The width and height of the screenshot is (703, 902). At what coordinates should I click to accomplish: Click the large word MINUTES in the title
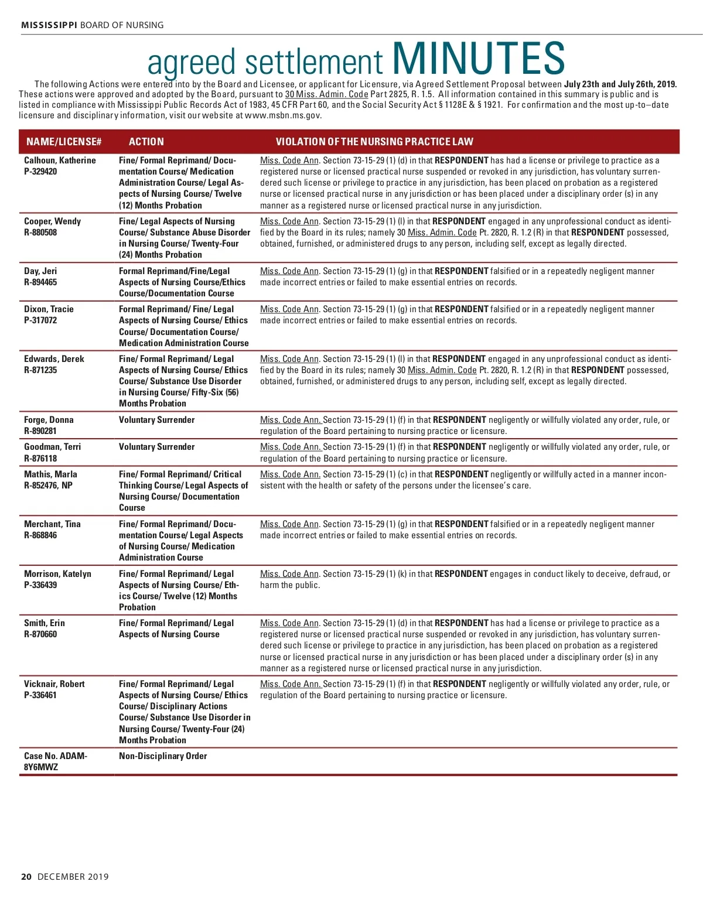(x=478, y=59)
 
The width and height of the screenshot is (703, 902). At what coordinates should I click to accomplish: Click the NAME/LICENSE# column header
(x=64, y=142)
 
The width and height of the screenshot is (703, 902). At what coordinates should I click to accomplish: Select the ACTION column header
(x=146, y=142)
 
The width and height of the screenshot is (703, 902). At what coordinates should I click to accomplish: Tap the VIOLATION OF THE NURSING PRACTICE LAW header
(x=374, y=142)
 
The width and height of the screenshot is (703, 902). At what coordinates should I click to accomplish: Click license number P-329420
(x=40, y=172)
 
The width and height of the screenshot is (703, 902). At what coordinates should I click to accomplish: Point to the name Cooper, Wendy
(x=52, y=221)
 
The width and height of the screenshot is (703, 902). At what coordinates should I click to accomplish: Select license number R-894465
(x=40, y=282)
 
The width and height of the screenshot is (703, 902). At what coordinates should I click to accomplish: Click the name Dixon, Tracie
(x=49, y=309)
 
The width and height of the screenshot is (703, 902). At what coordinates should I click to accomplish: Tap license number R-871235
(x=40, y=370)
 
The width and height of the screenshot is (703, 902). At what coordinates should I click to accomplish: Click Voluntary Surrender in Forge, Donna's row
(x=156, y=420)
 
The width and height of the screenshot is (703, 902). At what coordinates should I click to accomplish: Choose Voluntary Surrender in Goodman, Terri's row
(x=156, y=447)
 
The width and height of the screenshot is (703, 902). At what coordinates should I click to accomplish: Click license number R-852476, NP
(x=48, y=486)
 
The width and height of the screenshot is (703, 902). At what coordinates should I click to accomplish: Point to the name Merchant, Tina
(x=52, y=524)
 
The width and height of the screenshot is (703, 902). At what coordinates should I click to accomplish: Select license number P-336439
(x=40, y=585)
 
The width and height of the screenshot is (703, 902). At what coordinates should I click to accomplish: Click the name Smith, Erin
(x=45, y=623)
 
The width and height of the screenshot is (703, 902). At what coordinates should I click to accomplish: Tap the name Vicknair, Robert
(x=54, y=684)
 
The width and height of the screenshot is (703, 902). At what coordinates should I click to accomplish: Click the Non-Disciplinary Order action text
(x=163, y=756)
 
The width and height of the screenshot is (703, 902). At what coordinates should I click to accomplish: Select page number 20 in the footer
(x=26, y=877)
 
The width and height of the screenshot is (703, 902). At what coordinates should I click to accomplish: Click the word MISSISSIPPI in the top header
(x=49, y=25)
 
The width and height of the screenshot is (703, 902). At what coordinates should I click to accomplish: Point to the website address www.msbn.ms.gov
(x=283, y=115)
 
